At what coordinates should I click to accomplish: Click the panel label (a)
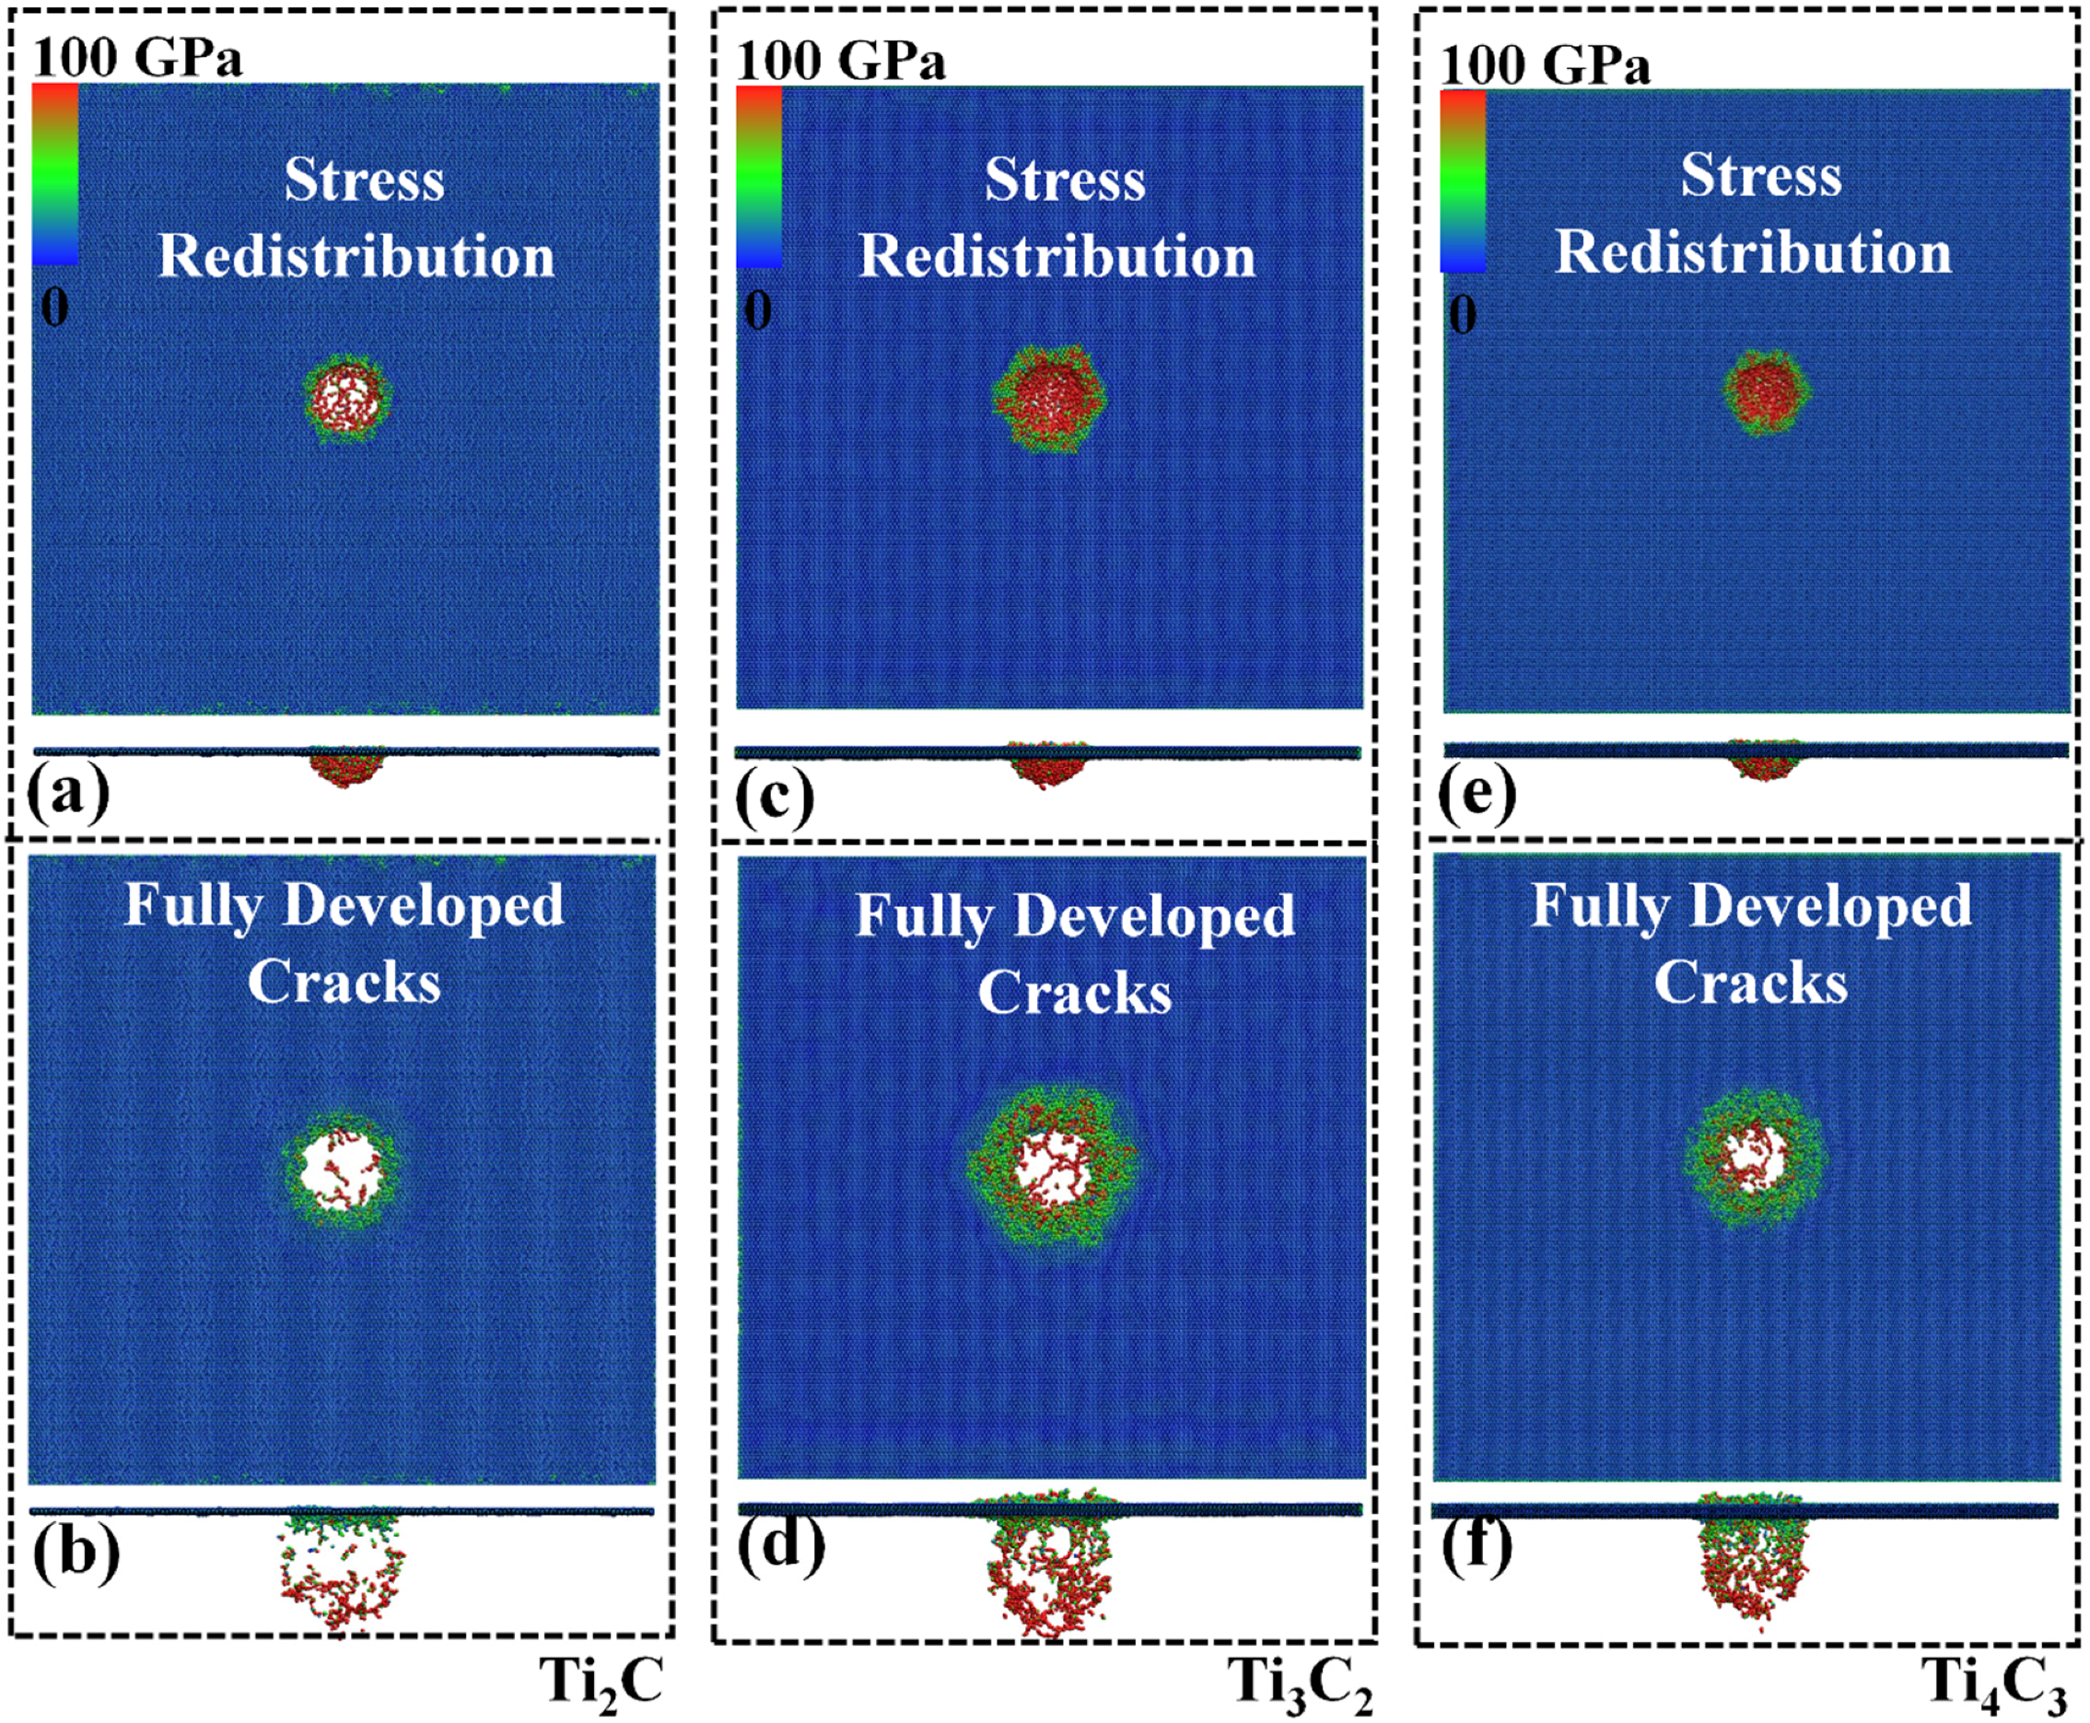[67, 795]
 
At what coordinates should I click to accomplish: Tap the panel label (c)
[774, 796]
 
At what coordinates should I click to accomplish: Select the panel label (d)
[780, 1543]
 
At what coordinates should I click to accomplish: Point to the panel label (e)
[1477, 795]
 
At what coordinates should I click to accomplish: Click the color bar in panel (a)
[54, 174]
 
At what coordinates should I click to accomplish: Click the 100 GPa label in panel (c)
[840, 62]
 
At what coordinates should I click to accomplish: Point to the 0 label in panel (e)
[1462, 315]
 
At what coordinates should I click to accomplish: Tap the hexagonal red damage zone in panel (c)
[1049, 397]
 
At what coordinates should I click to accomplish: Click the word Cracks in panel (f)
[1750, 983]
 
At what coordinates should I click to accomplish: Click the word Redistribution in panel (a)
[356, 256]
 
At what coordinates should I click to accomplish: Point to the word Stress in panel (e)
[1760, 176]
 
